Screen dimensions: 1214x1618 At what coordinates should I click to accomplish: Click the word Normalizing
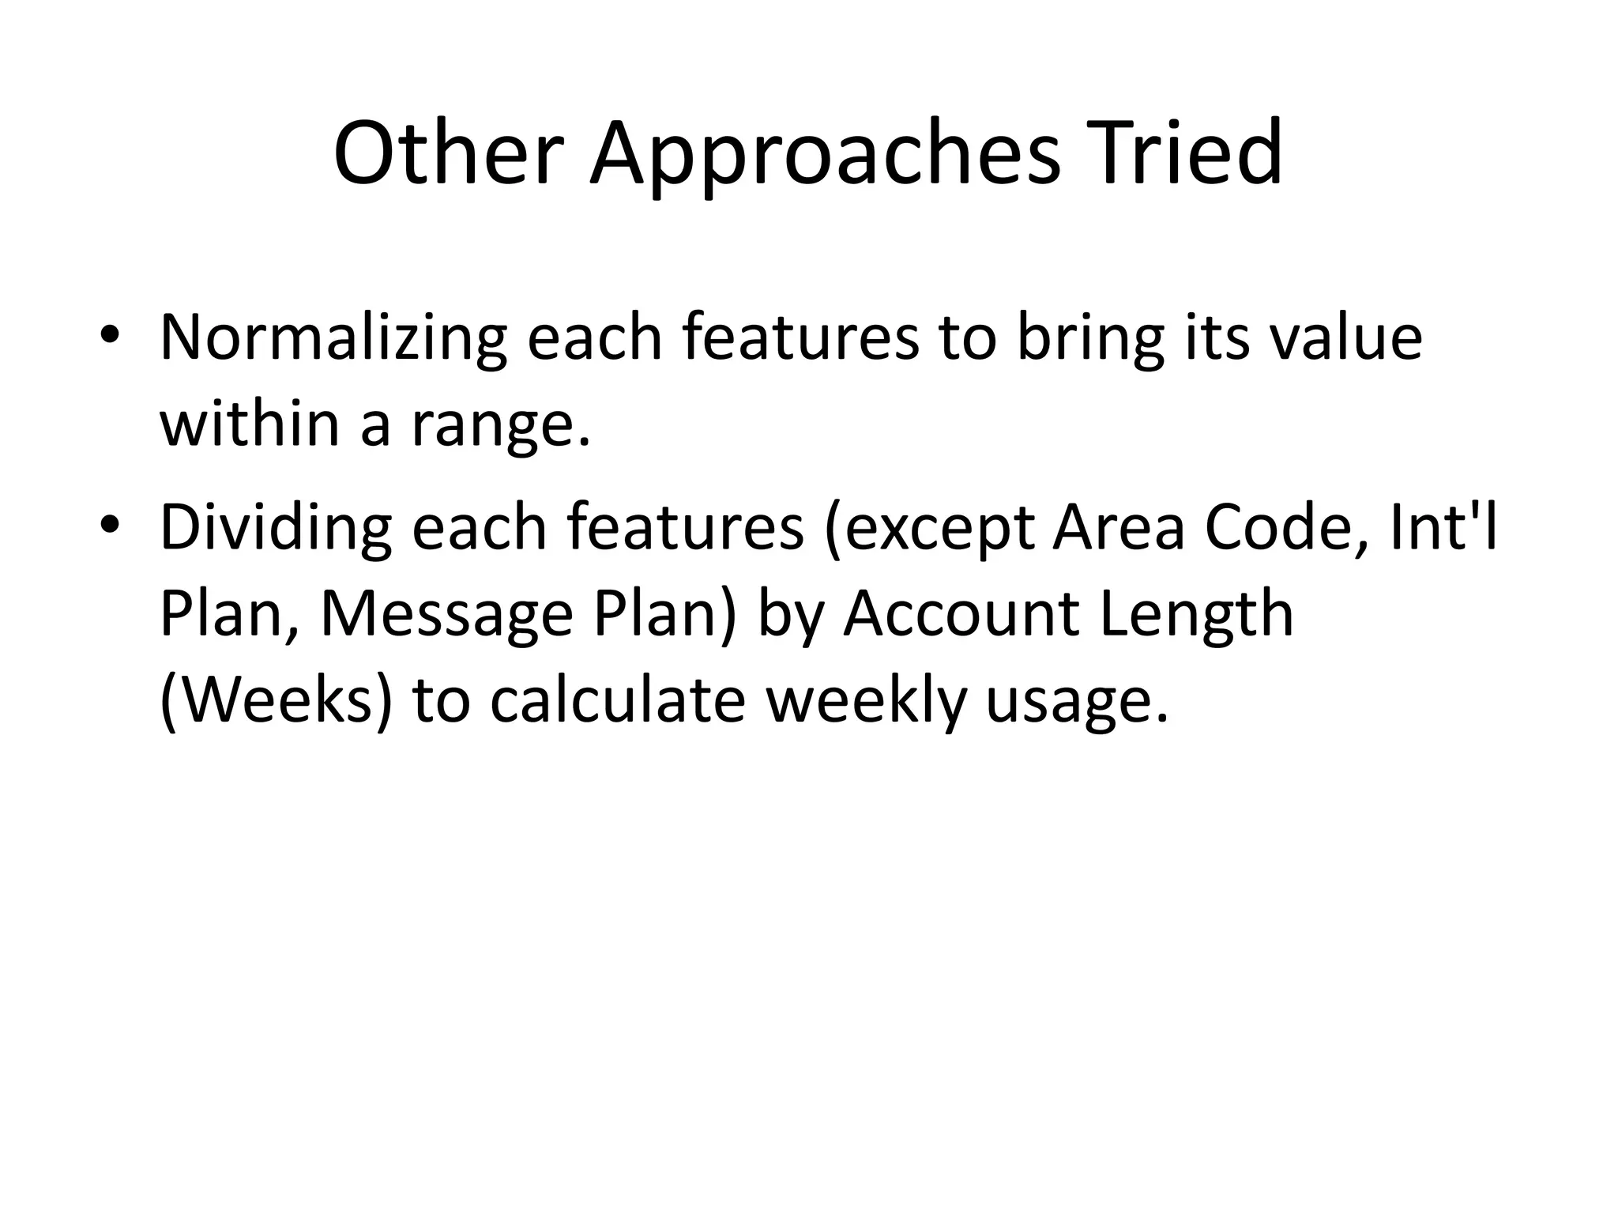[x=333, y=338]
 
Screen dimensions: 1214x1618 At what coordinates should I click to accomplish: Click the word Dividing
[x=276, y=528]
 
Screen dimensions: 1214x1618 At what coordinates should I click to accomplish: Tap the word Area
[x=1119, y=528]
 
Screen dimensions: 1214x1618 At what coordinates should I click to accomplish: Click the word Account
[x=960, y=613]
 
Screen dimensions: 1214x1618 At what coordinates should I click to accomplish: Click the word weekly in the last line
[x=866, y=702]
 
